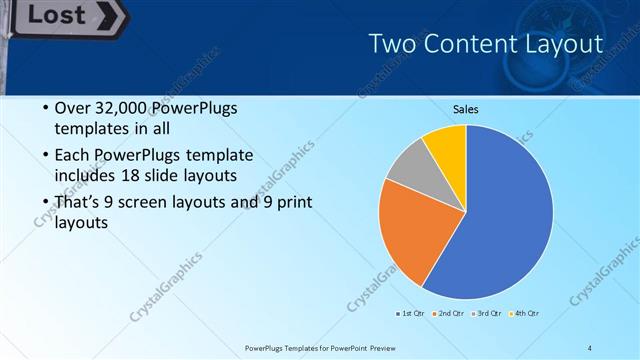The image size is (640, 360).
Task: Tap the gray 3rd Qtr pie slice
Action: tap(409, 168)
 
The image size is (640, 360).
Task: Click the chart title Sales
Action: tap(465, 109)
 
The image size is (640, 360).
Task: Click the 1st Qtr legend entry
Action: tap(411, 314)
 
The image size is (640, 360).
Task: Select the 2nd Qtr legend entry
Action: tap(449, 314)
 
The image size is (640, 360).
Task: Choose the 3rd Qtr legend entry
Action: tap(487, 314)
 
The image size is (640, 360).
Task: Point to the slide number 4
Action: tap(590, 347)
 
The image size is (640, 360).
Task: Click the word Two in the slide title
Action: tap(389, 44)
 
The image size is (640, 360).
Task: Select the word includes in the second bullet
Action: tap(87, 176)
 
